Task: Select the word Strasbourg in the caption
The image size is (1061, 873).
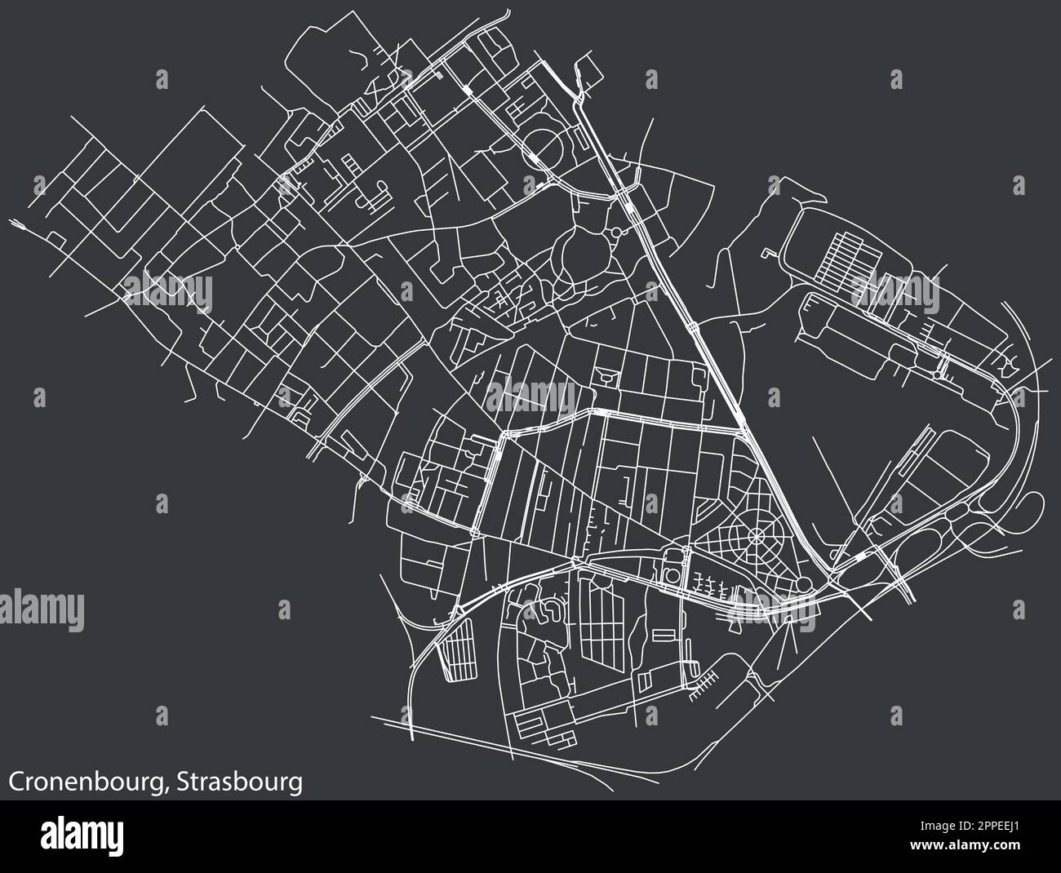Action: coord(240,781)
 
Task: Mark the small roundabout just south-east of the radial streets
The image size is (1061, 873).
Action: coord(803,584)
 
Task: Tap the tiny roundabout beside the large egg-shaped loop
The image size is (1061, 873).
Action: coord(613,235)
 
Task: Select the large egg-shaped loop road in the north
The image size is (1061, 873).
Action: coord(580,254)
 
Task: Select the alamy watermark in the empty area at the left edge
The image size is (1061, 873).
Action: coord(41,608)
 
